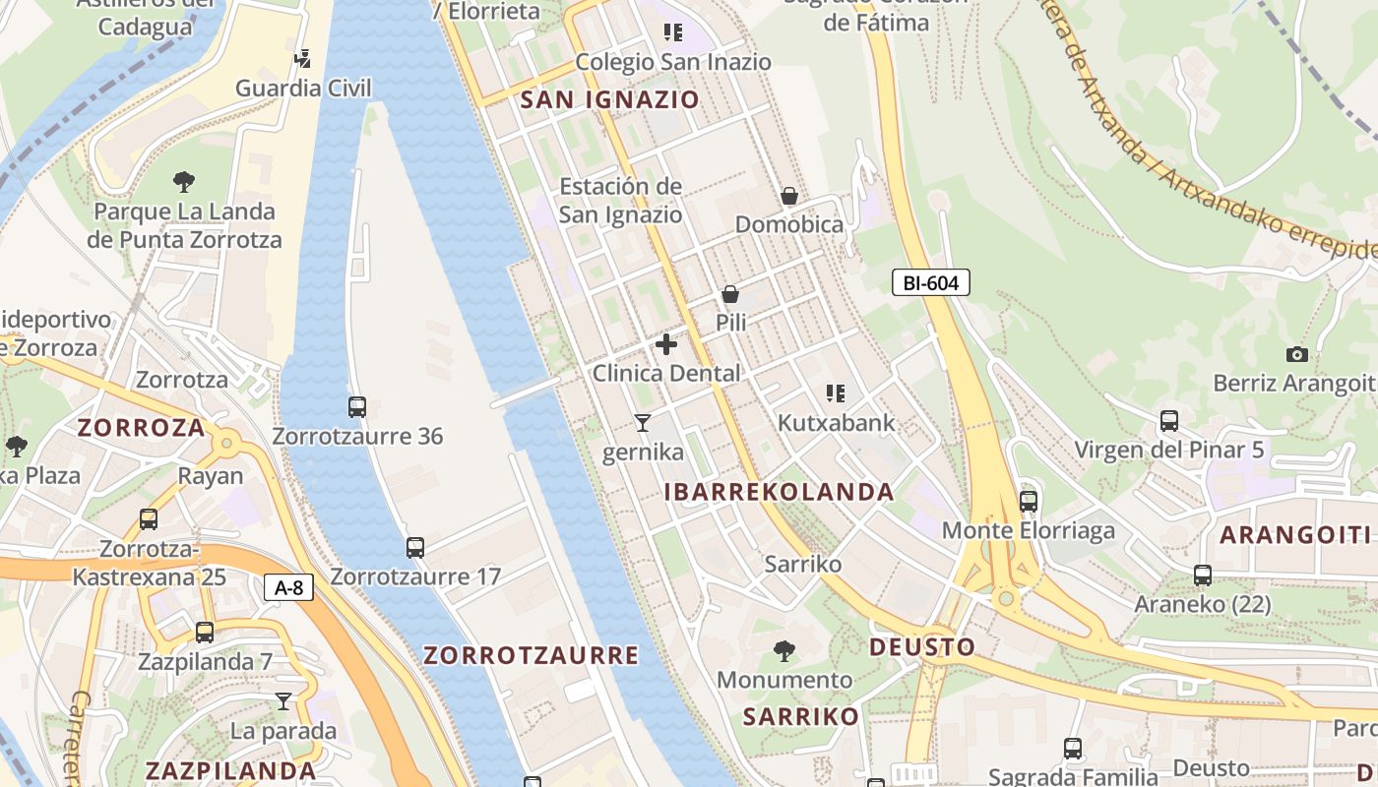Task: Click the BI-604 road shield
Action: click(x=931, y=283)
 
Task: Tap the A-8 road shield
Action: click(x=288, y=588)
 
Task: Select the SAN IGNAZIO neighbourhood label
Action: click(x=609, y=99)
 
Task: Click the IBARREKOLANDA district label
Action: click(x=780, y=492)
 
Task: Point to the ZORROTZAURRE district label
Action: click(x=531, y=655)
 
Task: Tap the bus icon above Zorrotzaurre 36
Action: click(x=357, y=406)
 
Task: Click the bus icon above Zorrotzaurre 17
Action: click(x=415, y=547)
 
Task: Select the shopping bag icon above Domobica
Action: click(x=789, y=196)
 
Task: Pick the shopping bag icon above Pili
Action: click(x=730, y=293)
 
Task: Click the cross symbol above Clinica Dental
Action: click(x=666, y=344)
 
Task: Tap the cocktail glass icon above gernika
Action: click(x=643, y=423)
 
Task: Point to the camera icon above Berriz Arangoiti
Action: click(x=1297, y=354)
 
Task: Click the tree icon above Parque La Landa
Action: click(x=183, y=181)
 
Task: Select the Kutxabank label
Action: click(x=836, y=423)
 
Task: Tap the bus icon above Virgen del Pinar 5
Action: click(x=1169, y=421)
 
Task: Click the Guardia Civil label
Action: click(x=303, y=89)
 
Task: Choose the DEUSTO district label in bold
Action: click(x=922, y=647)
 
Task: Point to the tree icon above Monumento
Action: click(x=784, y=650)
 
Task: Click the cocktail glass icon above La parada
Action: click(x=283, y=701)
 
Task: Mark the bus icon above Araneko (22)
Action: click(x=1202, y=575)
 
